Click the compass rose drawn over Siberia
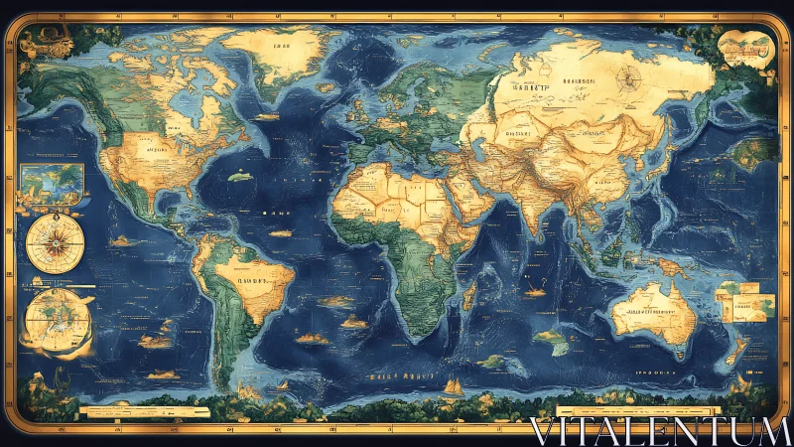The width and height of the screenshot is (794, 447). [x=627, y=78]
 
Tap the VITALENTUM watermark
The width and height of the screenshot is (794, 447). [x=659, y=431]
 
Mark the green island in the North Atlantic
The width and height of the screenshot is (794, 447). [x=238, y=177]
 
